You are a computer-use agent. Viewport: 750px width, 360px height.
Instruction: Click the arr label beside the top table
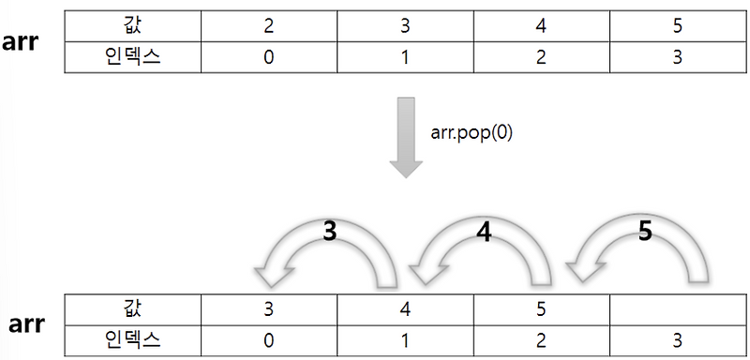[x=20, y=42]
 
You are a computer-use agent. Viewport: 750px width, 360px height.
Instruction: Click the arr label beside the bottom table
[x=27, y=324]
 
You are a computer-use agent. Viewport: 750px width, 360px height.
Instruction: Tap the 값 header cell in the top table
[x=132, y=26]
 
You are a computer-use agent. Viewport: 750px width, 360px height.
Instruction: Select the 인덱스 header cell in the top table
[x=132, y=57]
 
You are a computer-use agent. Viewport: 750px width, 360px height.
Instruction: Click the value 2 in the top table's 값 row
[x=269, y=26]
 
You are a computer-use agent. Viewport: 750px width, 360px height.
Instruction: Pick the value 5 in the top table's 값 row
[x=678, y=26]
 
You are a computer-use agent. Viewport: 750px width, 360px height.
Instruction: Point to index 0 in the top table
[x=269, y=57]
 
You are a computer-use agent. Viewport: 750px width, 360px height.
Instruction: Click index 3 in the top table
[x=678, y=57]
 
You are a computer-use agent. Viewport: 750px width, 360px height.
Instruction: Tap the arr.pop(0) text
[x=472, y=133]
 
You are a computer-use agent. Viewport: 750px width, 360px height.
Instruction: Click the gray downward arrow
[x=406, y=138]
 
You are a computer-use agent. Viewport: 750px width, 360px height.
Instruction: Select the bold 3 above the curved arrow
[x=329, y=232]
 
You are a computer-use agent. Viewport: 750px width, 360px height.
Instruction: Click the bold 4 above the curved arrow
[x=484, y=232]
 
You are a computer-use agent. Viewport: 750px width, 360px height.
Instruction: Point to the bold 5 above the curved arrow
[x=645, y=232]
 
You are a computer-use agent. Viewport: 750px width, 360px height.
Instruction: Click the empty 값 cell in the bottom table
[x=678, y=309]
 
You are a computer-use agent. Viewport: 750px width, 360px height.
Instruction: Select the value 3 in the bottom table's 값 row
[x=269, y=309]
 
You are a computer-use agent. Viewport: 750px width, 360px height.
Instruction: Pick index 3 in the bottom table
[x=678, y=341]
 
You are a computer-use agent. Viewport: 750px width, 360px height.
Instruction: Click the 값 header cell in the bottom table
[x=132, y=309]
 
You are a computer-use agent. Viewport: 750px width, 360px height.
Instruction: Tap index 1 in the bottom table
[x=405, y=341]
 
